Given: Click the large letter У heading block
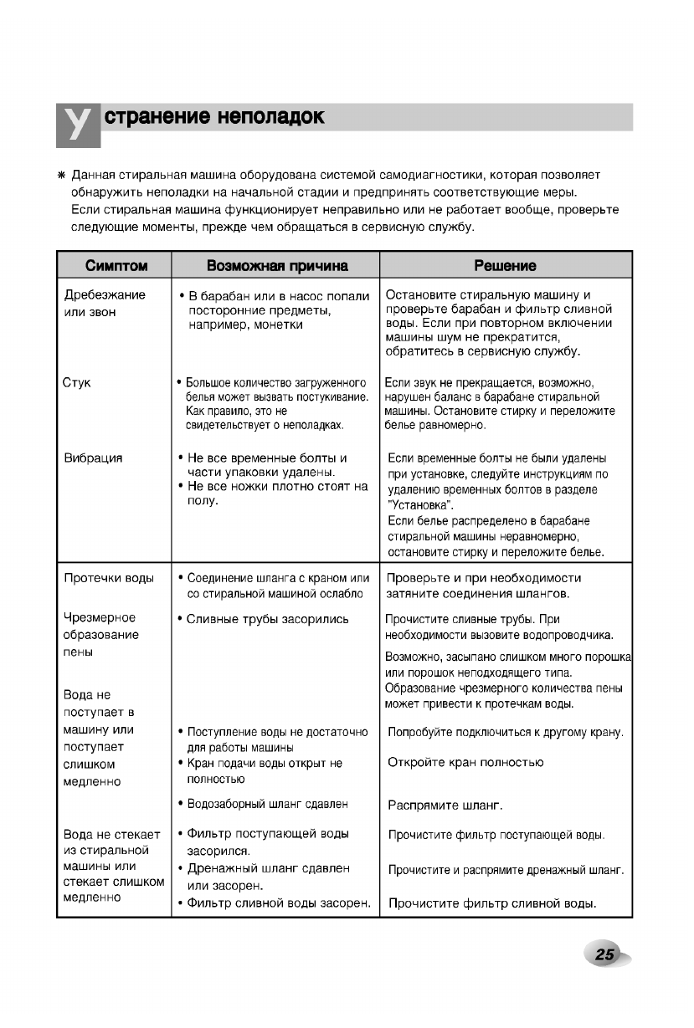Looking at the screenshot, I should tap(78, 125).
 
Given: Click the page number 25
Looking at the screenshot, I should tap(605, 954).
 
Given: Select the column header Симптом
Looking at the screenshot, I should tap(116, 266).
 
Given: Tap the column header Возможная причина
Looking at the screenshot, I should tap(276, 266).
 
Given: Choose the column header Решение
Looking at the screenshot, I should tap(505, 266).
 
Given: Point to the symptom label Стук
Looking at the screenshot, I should tap(77, 383).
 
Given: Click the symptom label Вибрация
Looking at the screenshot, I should tap(93, 458).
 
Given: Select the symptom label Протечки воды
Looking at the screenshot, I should tap(109, 578).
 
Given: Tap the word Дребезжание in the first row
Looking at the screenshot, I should tap(105, 294).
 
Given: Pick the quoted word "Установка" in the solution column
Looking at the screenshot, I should tap(420, 505).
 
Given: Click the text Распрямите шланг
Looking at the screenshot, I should tap(444, 806).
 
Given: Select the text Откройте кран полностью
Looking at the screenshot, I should tap(466, 763).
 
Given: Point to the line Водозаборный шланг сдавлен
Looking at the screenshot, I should tap(267, 804).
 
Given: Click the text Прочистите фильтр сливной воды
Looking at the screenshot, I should tap(492, 903).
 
